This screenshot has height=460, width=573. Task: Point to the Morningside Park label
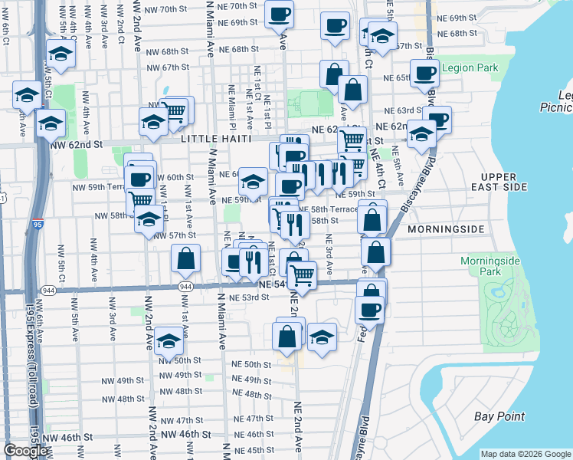(x=490, y=266)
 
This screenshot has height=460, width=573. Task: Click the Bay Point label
(x=499, y=416)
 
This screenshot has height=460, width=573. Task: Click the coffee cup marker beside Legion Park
(x=424, y=72)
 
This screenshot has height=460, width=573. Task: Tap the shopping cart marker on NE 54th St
(x=303, y=274)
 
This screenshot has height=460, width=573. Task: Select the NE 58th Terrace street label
(x=328, y=209)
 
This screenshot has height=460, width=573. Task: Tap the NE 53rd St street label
(x=245, y=297)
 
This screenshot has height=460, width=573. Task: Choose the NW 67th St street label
(x=164, y=67)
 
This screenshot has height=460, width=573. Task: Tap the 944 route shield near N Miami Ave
(x=186, y=286)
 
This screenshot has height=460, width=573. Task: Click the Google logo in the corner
(x=26, y=451)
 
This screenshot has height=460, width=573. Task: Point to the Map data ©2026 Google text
(x=526, y=454)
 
